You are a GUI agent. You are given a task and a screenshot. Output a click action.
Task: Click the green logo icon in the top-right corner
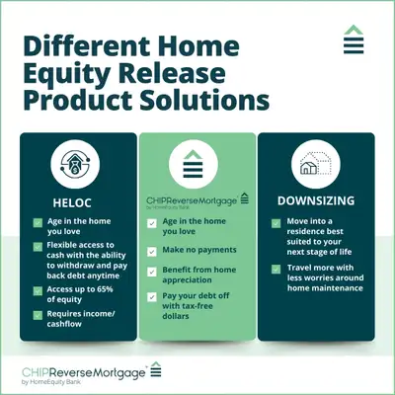354,42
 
